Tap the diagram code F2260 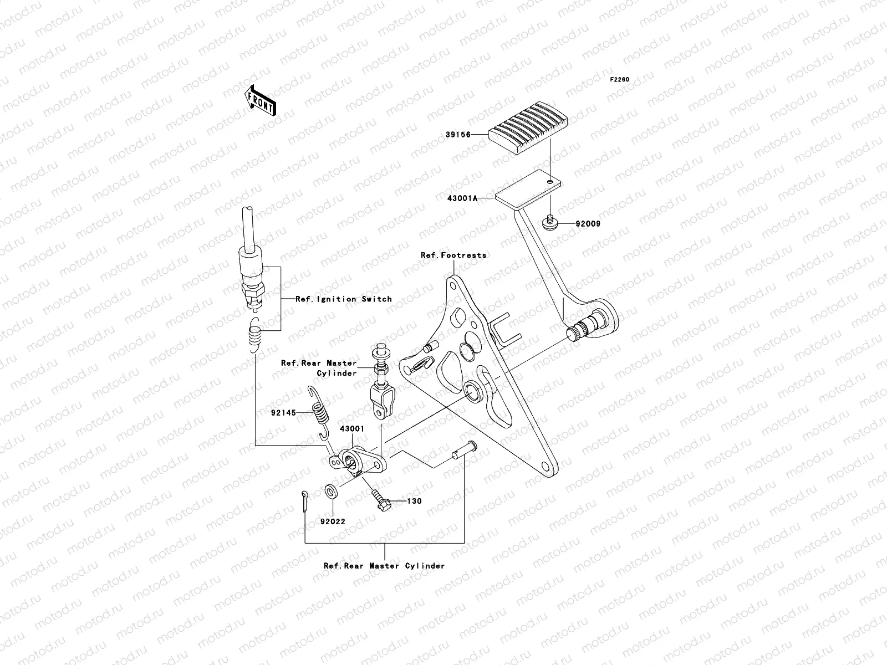[x=620, y=80]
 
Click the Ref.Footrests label [x=453, y=255]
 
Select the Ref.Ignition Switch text [x=344, y=299]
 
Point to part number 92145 [x=284, y=413]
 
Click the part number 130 [x=414, y=502]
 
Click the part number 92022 [x=332, y=522]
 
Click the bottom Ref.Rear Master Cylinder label [x=384, y=566]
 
